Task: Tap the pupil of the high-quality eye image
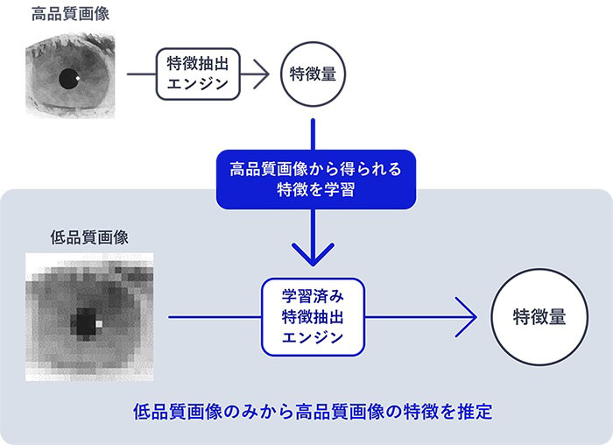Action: pyautogui.click(x=67, y=81)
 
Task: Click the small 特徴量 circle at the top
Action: pyautogui.click(x=313, y=74)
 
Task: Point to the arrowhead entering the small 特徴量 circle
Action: pyautogui.click(x=262, y=74)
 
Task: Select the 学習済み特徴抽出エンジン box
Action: pyautogui.click(x=314, y=316)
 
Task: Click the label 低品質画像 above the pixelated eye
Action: pyautogui.click(x=90, y=237)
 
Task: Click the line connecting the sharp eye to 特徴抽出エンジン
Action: pyautogui.click(x=141, y=74)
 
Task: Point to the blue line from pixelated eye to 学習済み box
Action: pyautogui.click(x=215, y=316)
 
